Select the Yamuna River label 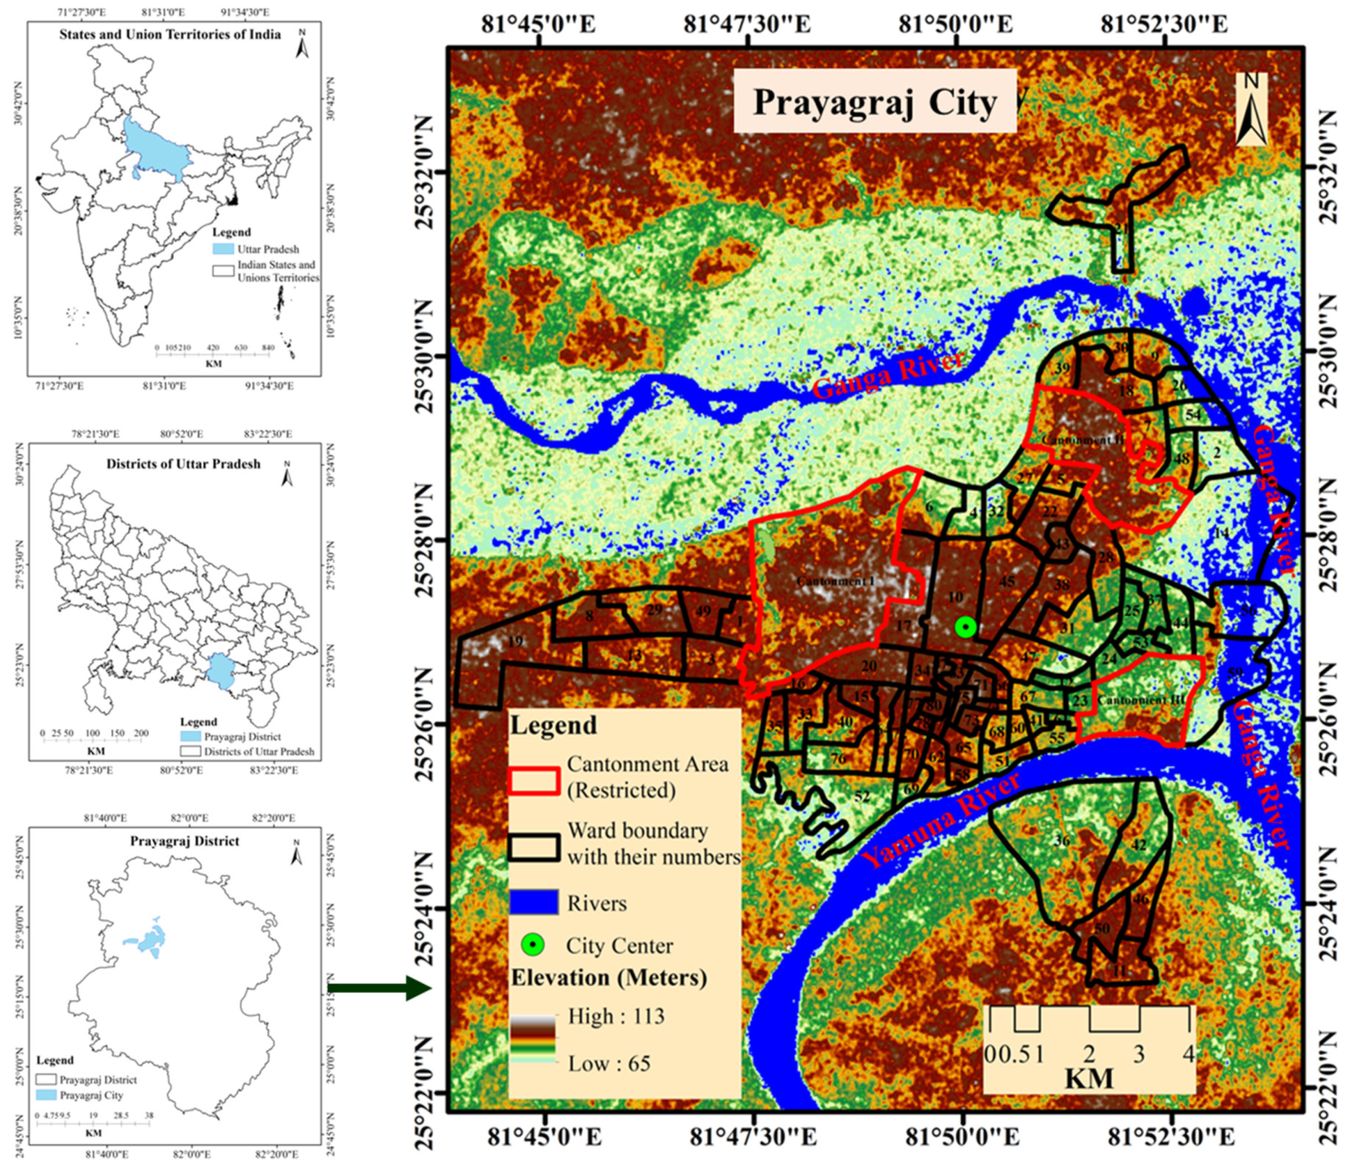tap(941, 820)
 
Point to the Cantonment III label tap(1141, 699)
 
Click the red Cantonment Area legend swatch tap(534, 780)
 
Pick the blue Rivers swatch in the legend tap(534, 902)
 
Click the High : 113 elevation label tap(615, 1016)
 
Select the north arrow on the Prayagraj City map tap(1251, 108)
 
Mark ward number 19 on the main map tap(516, 642)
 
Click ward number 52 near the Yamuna tap(862, 797)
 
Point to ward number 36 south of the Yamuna tap(1061, 841)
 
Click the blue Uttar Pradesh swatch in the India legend tap(223, 249)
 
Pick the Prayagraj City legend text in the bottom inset tap(91, 1095)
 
